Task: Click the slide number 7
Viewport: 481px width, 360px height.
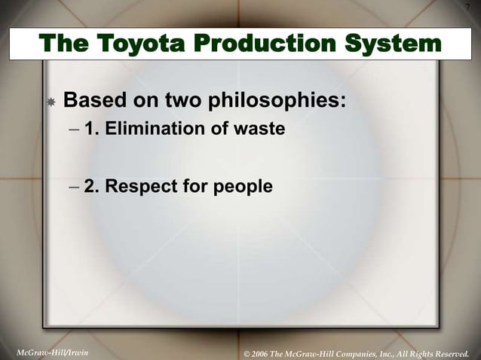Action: pyautogui.click(x=467, y=8)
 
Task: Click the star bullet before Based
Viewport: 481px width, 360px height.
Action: pyautogui.click(x=50, y=102)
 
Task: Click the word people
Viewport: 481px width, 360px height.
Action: pyautogui.click(x=243, y=185)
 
